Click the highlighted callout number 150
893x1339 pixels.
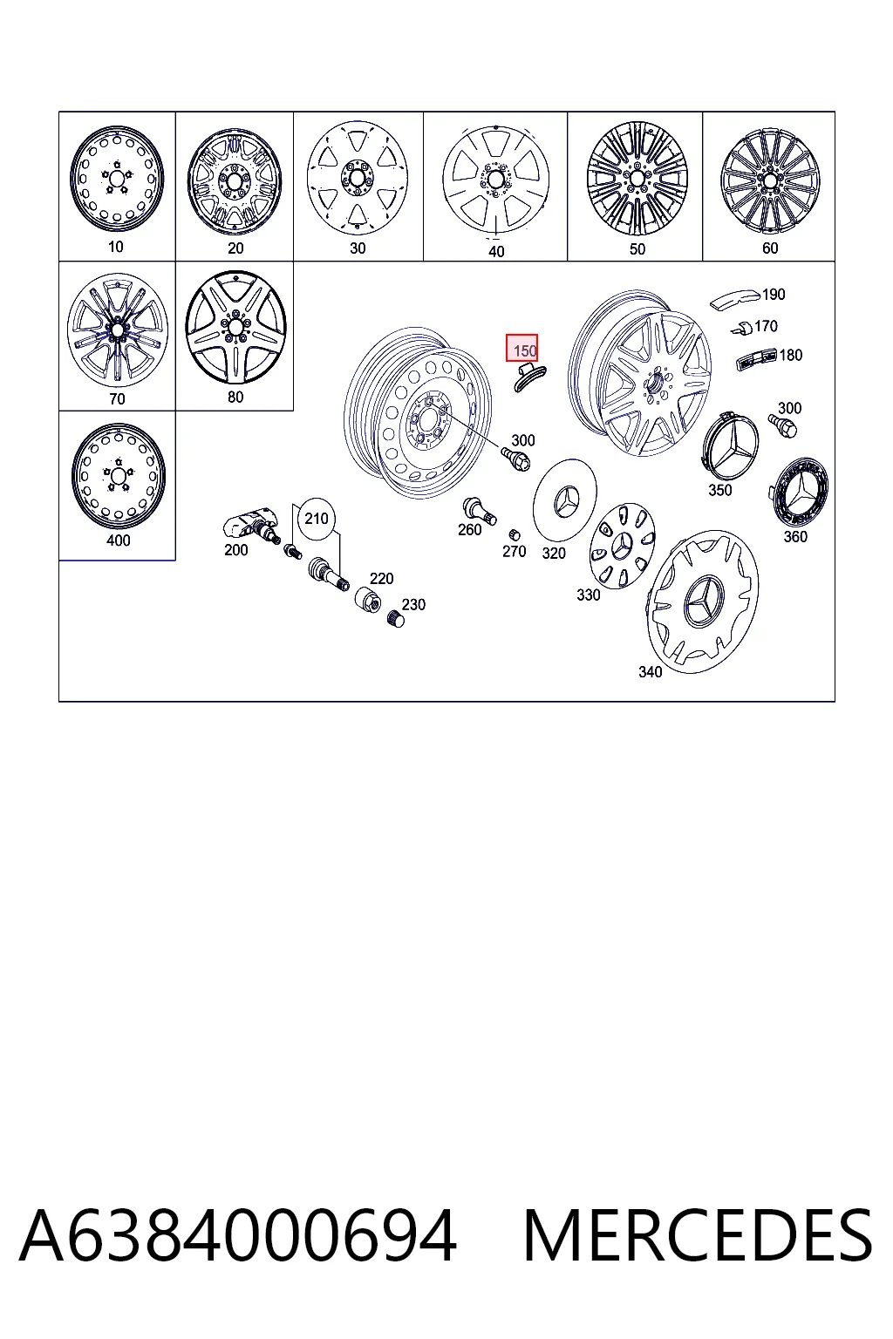point(521,348)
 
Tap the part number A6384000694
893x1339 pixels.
point(238,1236)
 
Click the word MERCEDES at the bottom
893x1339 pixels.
point(698,1236)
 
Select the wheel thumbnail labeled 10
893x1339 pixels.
point(116,178)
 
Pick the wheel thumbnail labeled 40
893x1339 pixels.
point(496,180)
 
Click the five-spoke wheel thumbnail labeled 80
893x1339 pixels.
point(235,327)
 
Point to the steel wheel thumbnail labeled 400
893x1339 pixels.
point(118,476)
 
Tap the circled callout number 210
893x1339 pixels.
point(317,519)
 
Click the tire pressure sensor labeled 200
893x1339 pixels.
point(250,524)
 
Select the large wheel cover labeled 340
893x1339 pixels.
point(702,601)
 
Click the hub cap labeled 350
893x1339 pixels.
point(728,445)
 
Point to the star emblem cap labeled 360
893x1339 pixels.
point(799,493)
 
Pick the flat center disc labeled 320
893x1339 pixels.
point(564,500)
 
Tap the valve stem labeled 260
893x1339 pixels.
point(480,511)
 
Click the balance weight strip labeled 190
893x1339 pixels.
point(734,299)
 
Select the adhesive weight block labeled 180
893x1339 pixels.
point(755,358)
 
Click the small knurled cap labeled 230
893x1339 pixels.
point(396,618)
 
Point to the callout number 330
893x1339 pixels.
point(588,595)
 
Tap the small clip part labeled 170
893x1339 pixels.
point(742,328)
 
